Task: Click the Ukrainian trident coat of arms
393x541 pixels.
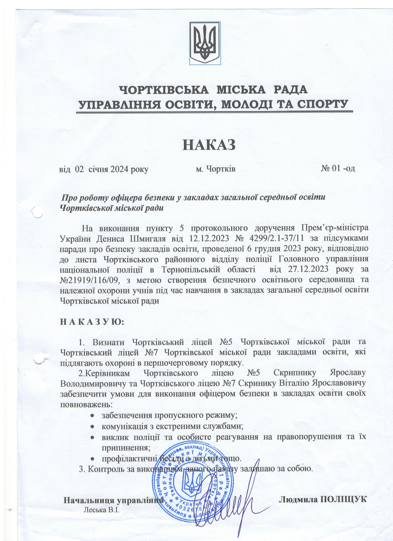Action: pos(205,43)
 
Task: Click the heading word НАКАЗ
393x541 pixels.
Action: pos(208,144)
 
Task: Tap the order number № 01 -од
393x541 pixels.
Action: pos(338,168)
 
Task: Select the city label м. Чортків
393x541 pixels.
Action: pos(216,168)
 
